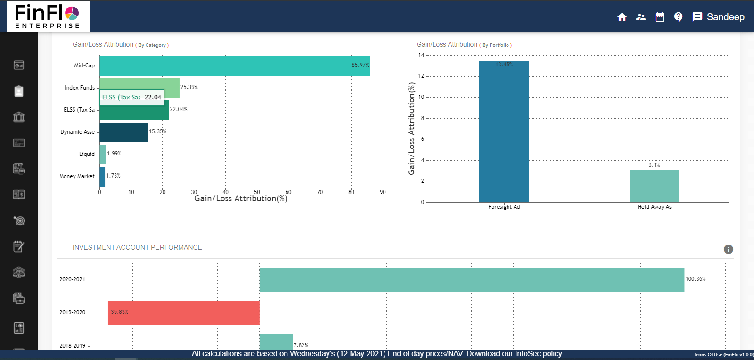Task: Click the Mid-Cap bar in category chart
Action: (x=234, y=66)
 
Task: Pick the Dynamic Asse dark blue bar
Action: (x=123, y=132)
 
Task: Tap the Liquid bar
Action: (x=103, y=155)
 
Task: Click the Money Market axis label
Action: (x=77, y=176)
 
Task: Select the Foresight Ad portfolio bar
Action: (x=504, y=132)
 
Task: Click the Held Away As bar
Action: (x=654, y=186)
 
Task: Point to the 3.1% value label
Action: (x=654, y=165)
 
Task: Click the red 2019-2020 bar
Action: (x=184, y=313)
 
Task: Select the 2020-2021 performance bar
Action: (x=471, y=280)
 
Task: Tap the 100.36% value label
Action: (x=696, y=279)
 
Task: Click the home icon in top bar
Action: (x=622, y=17)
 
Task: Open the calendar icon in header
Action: (x=660, y=17)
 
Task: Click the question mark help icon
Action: (x=678, y=17)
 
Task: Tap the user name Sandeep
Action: (x=726, y=17)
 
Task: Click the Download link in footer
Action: (x=483, y=354)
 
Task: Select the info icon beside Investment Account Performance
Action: (x=729, y=249)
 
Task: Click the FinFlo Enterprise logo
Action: (x=47, y=16)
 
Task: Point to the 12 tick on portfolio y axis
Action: (x=421, y=76)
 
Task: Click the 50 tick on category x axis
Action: (x=257, y=192)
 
